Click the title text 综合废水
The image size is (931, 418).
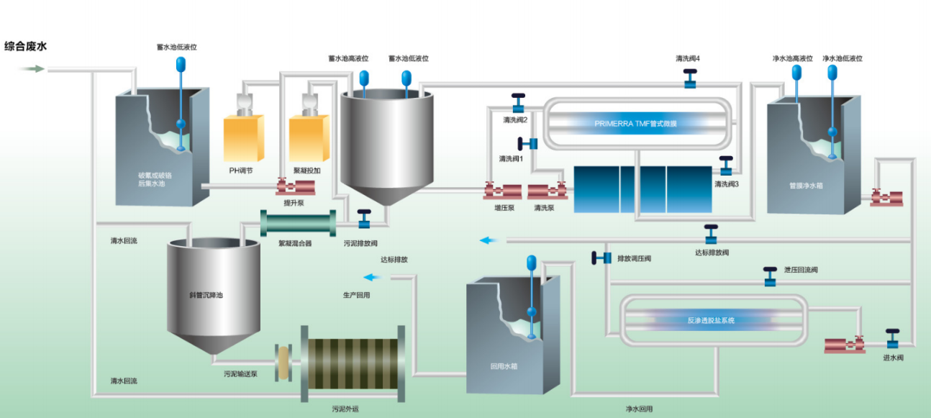pyautogui.click(x=26, y=47)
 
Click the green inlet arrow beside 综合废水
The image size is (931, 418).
pyautogui.click(x=31, y=69)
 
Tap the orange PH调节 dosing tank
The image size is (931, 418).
pyautogui.click(x=244, y=137)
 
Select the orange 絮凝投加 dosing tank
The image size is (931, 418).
pyautogui.click(x=309, y=137)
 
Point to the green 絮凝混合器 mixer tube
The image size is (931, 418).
pyautogui.click(x=298, y=223)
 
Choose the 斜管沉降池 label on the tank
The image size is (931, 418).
pyautogui.click(x=201, y=295)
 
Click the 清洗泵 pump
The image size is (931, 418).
pyautogui.click(x=547, y=192)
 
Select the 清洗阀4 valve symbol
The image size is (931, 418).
pyautogui.click(x=690, y=78)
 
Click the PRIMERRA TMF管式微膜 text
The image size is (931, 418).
pyautogui.click(x=635, y=123)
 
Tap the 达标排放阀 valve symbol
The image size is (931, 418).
pyautogui.click(x=711, y=234)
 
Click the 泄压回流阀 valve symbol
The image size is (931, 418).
pyautogui.click(x=770, y=276)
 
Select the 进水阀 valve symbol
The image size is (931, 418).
pyautogui.click(x=892, y=338)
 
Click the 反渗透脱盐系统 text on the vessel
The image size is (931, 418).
pyautogui.click(x=711, y=320)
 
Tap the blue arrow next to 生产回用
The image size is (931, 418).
pyautogui.click(x=373, y=277)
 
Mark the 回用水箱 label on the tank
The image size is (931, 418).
pyautogui.click(x=501, y=365)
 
